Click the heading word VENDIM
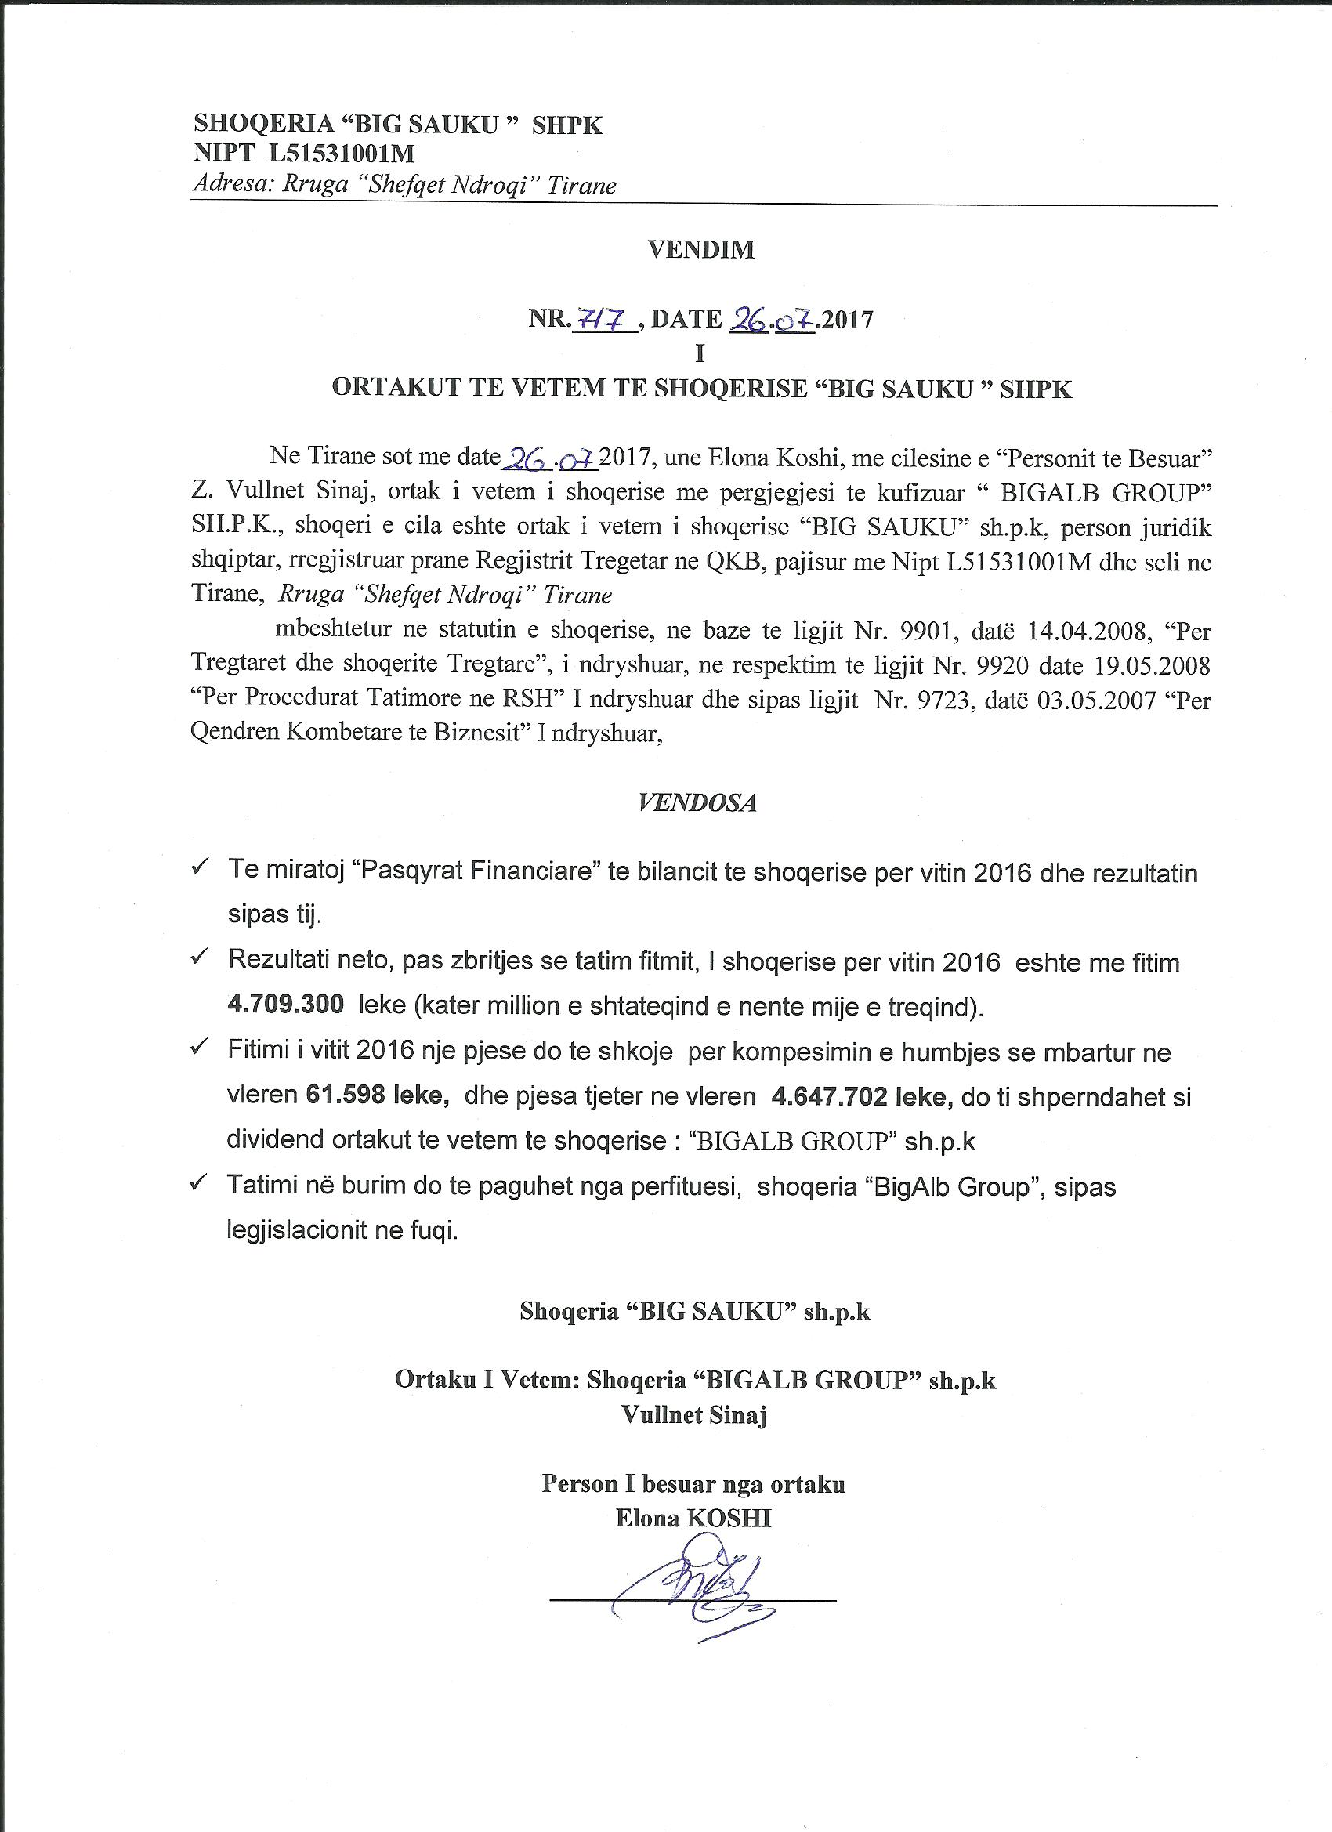pos(700,250)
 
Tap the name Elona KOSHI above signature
pos(693,1518)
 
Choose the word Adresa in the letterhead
pos(230,186)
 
